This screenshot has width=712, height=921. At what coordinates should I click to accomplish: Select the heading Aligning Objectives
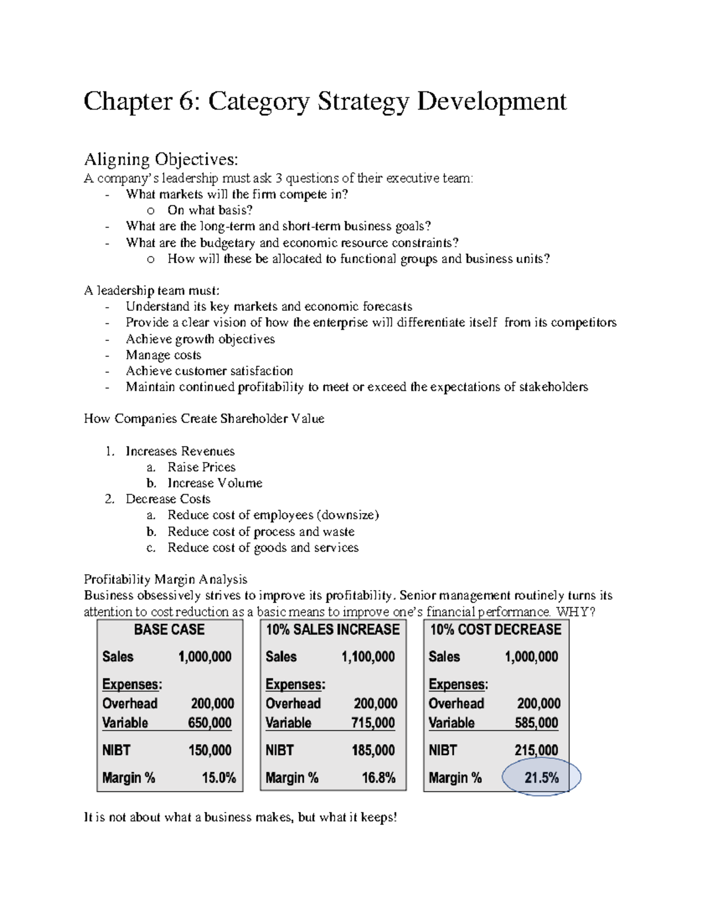[x=161, y=159]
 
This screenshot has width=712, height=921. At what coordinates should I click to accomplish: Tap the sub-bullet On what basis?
[x=210, y=210]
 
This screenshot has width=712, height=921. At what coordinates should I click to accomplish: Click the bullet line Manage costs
[x=163, y=355]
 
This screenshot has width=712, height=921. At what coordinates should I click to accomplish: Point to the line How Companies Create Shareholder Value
[x=204, y=419]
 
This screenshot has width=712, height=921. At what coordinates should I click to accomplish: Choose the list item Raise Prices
[x=201, y=467]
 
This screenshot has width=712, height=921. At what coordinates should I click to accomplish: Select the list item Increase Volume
[x=214, y=483]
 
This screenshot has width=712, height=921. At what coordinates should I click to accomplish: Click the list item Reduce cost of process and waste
[x=260, y=531]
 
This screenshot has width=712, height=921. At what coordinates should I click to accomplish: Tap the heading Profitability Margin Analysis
[x=166, y=579]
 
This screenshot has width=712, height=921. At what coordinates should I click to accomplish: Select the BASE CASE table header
[x=169, y=630]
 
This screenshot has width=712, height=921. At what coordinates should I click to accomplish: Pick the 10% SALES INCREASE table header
[x=333, y=630]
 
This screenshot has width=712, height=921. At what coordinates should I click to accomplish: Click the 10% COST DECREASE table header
[x=495, y=630]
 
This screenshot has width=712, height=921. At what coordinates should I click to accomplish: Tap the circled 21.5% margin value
[x=541, y=777]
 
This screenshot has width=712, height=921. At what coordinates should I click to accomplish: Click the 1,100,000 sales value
[x=368, y=657]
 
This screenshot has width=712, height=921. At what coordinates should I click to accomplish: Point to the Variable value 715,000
[x=373, y=723]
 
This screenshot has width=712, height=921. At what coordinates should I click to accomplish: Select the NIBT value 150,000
[x=210, y=750]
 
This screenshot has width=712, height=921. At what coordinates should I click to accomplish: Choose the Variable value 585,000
[x=536, y=723]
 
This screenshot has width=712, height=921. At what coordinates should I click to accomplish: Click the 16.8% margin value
[x=379, y=777]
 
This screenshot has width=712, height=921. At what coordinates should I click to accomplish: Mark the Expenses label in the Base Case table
[x=131, y=684]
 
